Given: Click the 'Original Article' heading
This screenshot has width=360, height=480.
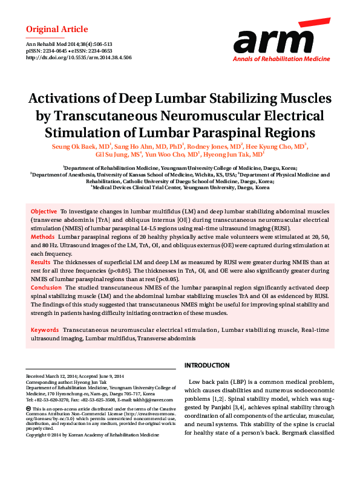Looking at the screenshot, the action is (x=57, y=29).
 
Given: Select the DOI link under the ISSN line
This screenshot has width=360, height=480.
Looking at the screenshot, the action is (x=79, y=58).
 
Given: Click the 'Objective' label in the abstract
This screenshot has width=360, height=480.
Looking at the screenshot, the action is (x=44, y=212).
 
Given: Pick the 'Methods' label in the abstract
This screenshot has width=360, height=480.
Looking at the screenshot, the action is (x=42, y=237).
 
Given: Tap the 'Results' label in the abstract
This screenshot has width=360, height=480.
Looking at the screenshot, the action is (x=41, y=262).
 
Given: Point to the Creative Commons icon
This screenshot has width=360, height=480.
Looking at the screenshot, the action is (x=28, y=409).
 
